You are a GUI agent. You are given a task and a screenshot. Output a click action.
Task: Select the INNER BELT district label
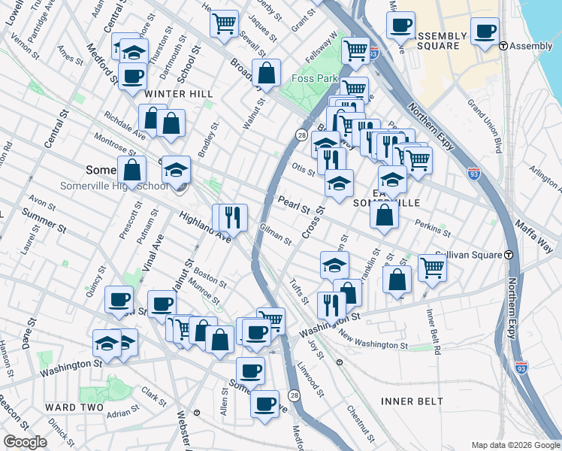coord(412,401)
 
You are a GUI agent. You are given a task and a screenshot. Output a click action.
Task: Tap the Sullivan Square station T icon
coord(509,255)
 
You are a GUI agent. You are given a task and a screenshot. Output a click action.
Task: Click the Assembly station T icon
coord(503,46)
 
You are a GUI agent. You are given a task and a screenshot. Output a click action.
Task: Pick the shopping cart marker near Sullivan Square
coord(432,265)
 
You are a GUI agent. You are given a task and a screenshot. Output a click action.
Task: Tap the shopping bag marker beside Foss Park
coord(265,73)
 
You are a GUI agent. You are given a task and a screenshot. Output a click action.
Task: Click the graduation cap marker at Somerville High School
coord(177,170)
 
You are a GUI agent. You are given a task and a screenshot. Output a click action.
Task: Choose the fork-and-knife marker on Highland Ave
coord(233,216)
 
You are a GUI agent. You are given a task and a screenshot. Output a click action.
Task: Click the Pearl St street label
coord(294,204)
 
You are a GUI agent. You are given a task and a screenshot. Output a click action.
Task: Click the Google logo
coord(25,442)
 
